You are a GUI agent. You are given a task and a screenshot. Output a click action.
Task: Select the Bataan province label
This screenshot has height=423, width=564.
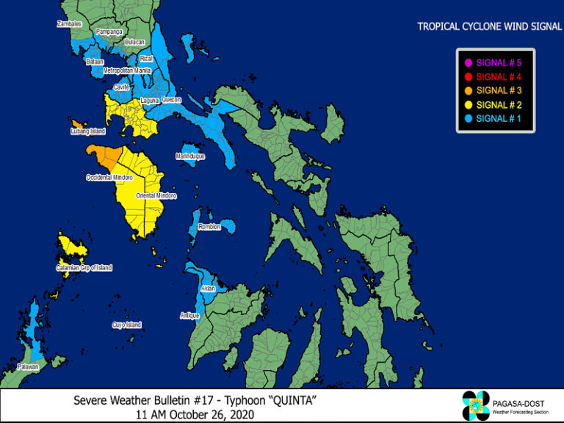(x=95, y=62)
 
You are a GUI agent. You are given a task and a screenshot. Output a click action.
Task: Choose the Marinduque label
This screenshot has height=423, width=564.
(x=190, y=156)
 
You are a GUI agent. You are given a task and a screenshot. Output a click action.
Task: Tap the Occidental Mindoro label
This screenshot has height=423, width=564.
(x=109, y=178)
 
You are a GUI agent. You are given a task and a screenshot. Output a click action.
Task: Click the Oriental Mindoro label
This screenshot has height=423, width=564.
(x=156, y=195)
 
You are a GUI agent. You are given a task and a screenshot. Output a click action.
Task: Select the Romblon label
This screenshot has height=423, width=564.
(x=209, y=227)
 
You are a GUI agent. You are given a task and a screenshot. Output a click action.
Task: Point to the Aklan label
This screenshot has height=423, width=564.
(x=208, y=289)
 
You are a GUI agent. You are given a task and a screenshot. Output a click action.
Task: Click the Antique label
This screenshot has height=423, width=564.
(x=189, y=315)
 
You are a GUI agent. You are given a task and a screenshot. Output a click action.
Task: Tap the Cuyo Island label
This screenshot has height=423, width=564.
(x=126, y=325)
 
